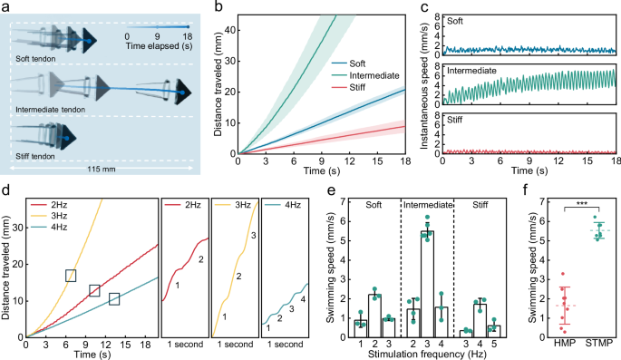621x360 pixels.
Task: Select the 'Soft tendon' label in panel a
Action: coord(40,60)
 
